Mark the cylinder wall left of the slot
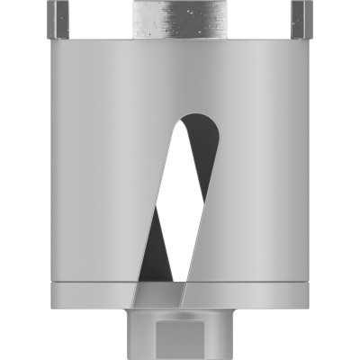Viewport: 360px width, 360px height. [99, 180]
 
